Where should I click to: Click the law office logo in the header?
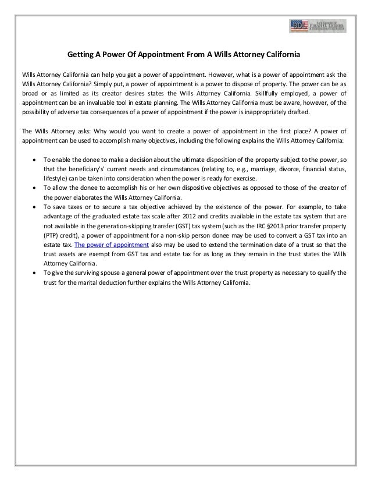coord(318,26)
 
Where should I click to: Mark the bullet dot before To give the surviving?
coord(37,272)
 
